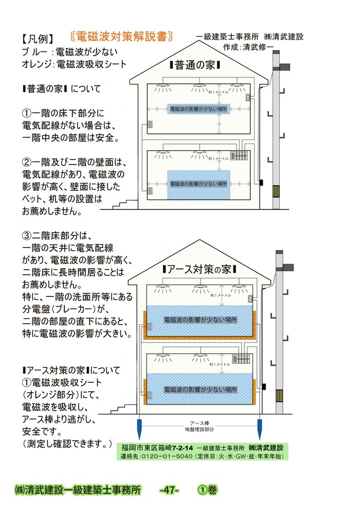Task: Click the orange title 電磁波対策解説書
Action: click(x=121, y=37)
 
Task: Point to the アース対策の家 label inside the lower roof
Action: click(x=199, y=269)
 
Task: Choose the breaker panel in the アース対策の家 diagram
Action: click(x=241, y=359)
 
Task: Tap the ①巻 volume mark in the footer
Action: click(x=207, y=490)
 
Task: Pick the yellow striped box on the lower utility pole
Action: click(x=279, y=396)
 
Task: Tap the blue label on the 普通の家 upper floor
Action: click(x=199, y=109)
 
